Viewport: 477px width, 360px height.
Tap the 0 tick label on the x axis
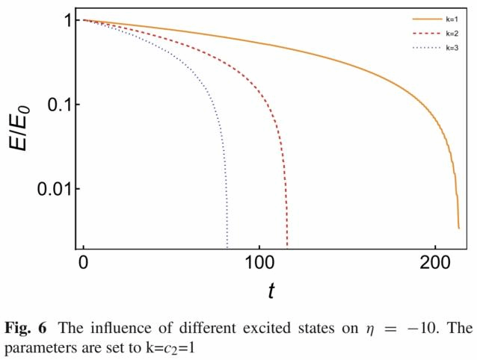pyautogui.click(x=83, y=264)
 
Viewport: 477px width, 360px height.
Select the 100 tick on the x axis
pyautogui.click(x=259, y=264)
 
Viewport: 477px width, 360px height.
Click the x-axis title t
pyautogui.click(x=271, y=291)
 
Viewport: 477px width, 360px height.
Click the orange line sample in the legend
pyautogui.click(x=424, y=19)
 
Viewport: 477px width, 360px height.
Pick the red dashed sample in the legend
pyautogui.click(x=424, y=34)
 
